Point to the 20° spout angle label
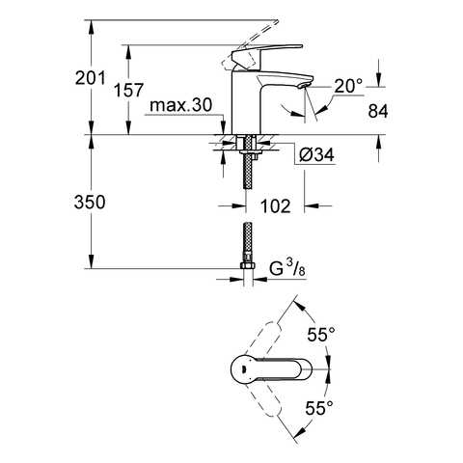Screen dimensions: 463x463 pos(347,88)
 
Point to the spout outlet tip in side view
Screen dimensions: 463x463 pos(307,88)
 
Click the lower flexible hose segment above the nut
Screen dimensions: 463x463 pos(248,241)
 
